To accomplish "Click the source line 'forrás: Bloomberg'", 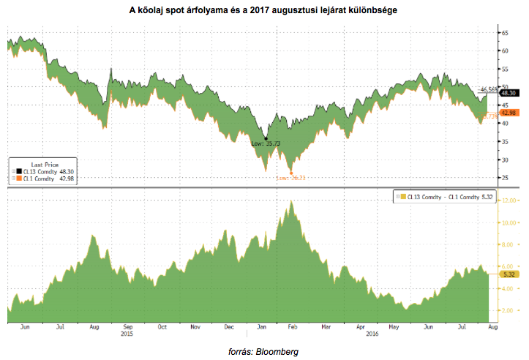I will pyautogui.click(x=264, y=351).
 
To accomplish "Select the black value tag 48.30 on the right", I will pyautogui.click(x=509, y=94).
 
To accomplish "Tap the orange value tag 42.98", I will pyautogui.click(x=509, y=113).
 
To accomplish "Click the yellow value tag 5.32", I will pyautogui.click(x=507, y=274).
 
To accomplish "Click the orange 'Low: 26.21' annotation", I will pyautogui.click(x=290, y=177).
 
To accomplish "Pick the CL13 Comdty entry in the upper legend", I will pyautogui.click(x=45, y=171).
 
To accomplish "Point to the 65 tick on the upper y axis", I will pyautogui.click(x=505, y=33).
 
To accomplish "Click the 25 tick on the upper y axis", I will pyautogui.click(x=505, y=177).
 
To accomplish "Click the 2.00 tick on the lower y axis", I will pyautogui.click(x=509, y=310).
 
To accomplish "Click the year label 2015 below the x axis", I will pyautogui.click(x=127, y=336).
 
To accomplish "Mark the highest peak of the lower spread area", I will pyautogui.click(x=292, y=201).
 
